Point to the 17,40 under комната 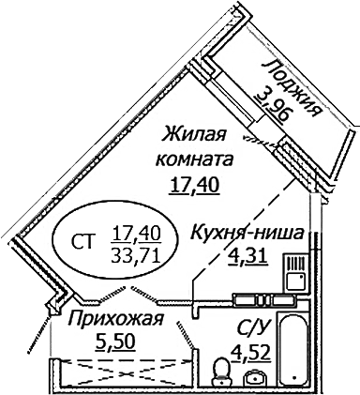(x=194, y=184)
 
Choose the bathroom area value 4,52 (x=249, y=354)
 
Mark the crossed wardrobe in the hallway (x=122, y=372)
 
